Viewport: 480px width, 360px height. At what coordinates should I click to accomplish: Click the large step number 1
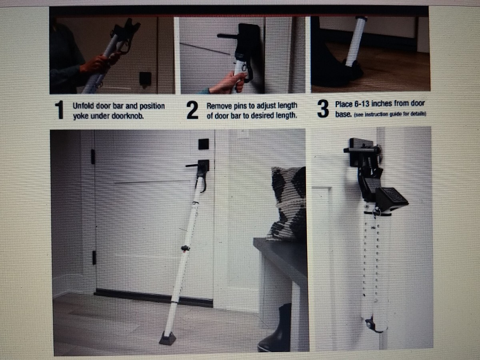pos(60,110)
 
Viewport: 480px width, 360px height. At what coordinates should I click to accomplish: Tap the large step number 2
pos(192,110)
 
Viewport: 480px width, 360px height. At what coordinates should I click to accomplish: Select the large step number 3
pos(323,109)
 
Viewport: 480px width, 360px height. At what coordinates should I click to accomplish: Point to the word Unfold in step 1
pos(83,106)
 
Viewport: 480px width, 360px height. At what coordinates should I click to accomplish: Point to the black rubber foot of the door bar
pos(168,338)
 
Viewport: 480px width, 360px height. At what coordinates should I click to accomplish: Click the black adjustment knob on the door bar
pos(185,248)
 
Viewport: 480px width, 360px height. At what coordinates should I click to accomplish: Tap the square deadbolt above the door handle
pos(203,144)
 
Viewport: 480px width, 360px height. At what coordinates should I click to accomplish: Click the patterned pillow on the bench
pos(287,203)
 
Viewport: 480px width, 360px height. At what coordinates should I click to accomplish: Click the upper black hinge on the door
pos(93,156)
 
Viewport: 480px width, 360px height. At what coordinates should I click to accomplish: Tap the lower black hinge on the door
pos(94,258)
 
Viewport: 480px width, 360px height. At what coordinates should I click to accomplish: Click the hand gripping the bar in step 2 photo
pos(228,83)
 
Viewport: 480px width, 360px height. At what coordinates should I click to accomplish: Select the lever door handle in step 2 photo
pos(228,36)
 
